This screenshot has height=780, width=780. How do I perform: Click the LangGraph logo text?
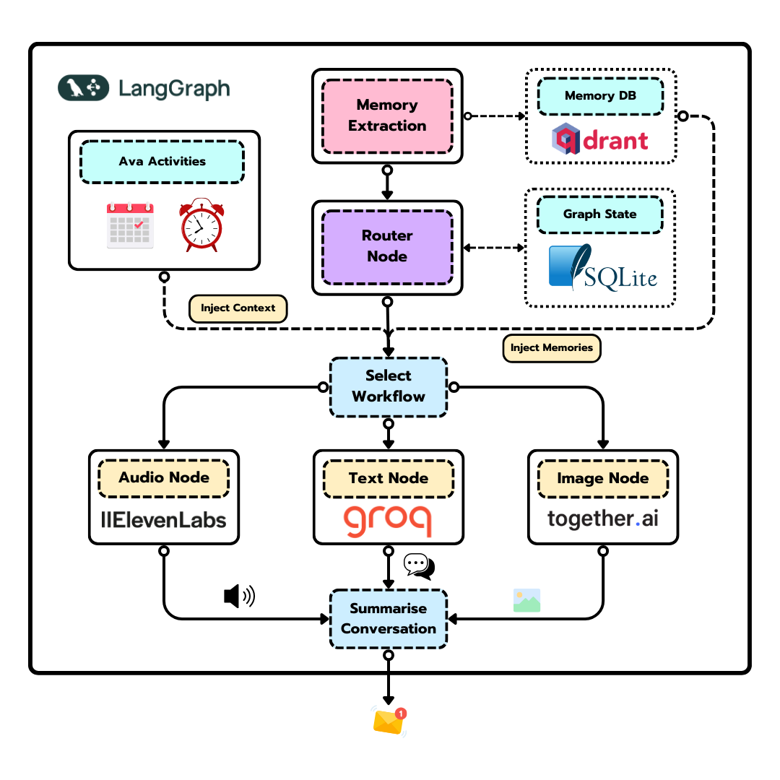[173, 89]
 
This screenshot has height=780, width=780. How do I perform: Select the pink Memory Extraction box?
[387, 116]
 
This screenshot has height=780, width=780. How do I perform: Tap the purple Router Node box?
[387, 246]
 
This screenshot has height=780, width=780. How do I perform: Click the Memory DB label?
[600, 96]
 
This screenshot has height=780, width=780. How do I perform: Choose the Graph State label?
[599, 214]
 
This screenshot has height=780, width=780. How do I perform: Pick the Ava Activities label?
[162, 162]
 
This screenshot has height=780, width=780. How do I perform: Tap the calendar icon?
[130, 225]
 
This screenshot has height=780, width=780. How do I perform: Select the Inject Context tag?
[238, 308]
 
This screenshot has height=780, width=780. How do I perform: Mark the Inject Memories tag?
[551, 348]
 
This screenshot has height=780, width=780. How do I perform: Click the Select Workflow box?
[389, 386]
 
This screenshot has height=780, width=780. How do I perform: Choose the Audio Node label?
[164, 478]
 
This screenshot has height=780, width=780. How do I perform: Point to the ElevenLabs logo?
[163, 519]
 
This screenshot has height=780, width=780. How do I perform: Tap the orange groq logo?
[388, 521]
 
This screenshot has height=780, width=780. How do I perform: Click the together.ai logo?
[602, 519]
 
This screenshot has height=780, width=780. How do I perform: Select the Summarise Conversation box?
[389, 619]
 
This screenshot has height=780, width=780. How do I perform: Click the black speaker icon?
[239, 597]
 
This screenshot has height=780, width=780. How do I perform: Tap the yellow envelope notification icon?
[389, 721]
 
